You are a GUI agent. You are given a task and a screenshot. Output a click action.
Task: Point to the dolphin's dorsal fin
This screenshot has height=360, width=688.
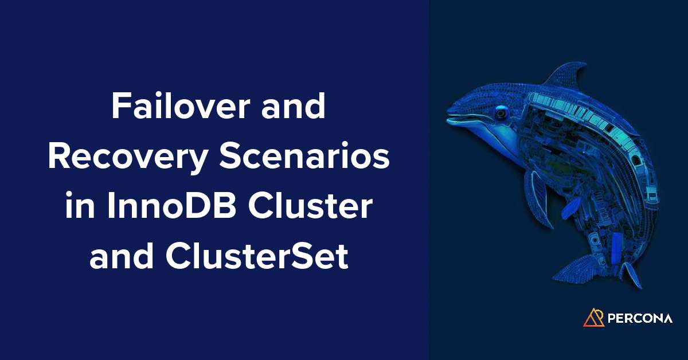coord(568,75)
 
